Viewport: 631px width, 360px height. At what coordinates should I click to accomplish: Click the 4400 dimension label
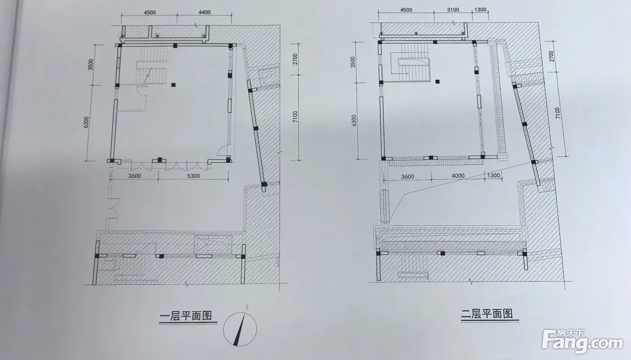click(x=204, y=13)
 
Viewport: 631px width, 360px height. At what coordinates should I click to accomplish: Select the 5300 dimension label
click(x=193, y=176)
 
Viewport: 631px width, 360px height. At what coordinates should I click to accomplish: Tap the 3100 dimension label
click(x=453, y=10)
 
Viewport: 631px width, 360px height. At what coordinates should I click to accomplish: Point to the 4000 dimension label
click(x=458, y=176)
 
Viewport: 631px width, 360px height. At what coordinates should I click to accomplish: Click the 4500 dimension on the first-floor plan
click(x=150, y=13)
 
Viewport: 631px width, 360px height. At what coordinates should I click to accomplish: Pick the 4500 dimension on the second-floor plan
click(x=406, y=10)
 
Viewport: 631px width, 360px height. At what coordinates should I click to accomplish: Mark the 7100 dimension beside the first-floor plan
click(x=295, y=117)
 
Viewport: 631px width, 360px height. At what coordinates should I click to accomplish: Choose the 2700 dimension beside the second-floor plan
click(x=552, y=56)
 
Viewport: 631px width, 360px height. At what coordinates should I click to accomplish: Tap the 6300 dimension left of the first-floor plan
click(x=86, y=122)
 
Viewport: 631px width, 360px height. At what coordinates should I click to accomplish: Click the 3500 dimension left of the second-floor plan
click(x=352, y=62)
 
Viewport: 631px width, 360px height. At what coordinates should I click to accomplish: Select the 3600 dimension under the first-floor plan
click(x=135, y=176)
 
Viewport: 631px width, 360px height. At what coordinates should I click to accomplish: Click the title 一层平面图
click(x=186, y=316)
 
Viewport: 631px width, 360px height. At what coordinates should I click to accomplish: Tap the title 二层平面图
click(x=487, y=314)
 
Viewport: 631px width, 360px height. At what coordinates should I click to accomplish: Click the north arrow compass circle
click(x=240, y=329)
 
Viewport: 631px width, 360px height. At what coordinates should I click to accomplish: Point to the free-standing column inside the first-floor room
click(x=174, y=85)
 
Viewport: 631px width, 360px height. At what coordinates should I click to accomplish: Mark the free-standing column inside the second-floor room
click(x=437, y=82)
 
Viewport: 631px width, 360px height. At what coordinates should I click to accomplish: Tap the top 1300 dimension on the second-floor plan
click(x=480, y=9)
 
